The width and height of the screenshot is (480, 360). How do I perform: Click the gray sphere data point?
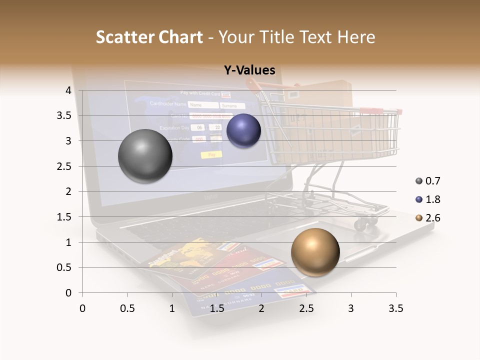click(145, 156)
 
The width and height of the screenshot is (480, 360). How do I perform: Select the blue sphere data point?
click(243, 131)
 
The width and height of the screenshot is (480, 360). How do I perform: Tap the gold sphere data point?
click(315, 252)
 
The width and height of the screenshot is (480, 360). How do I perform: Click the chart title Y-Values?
click(249, 70)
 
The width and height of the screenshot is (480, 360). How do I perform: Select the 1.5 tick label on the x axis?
click(217, 308)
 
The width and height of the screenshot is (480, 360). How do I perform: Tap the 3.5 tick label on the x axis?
click(395, 308)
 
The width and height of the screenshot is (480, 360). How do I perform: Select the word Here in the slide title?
click(356, 37)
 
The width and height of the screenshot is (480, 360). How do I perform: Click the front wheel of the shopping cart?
click(360, 224)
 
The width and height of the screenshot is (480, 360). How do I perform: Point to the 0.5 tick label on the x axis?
click(127, 308)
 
